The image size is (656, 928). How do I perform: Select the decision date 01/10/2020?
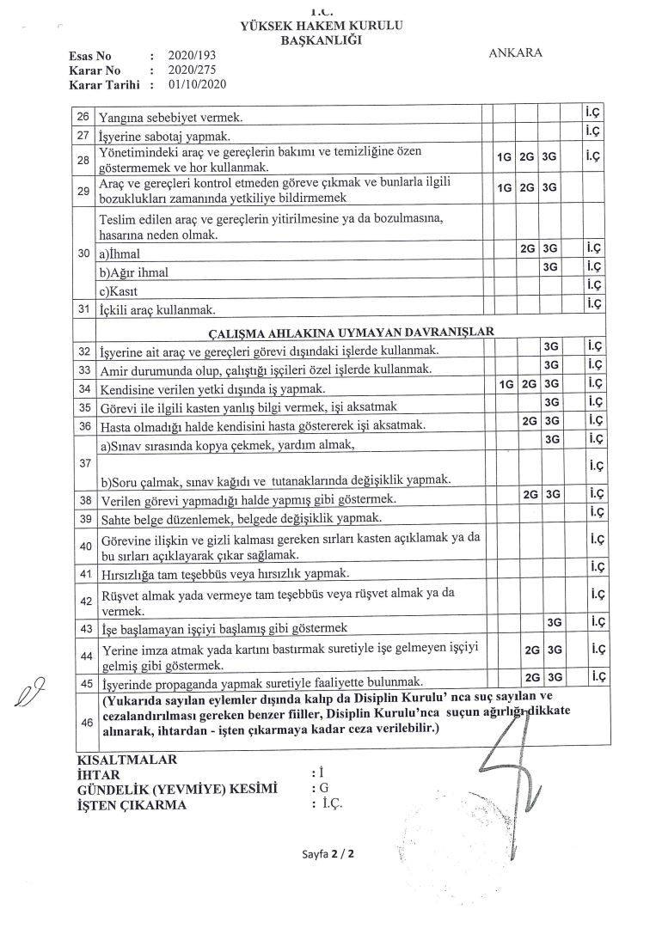click(197, 84)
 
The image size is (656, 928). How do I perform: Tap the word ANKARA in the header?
click(515, 52)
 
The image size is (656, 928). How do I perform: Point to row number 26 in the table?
click(83, 115)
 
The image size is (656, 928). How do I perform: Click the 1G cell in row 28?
click(505, 159)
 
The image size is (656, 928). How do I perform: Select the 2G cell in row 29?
click(528, 187)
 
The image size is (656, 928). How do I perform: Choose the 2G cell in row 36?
click(530, 422)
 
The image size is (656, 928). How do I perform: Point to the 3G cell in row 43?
click(554, 622)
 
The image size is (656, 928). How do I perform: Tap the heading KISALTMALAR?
click(126, 760)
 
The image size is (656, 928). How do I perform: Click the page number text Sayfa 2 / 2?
click(328, 856)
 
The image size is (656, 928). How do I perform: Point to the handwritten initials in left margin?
click(28, 693)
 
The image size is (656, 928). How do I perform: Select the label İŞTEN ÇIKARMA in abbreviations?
click(131, 805)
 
